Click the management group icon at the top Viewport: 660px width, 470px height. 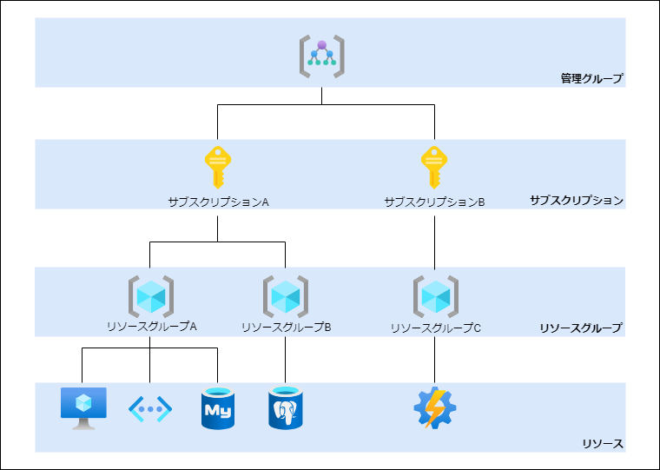click(322, 55)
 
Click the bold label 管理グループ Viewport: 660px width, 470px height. click(591, 79)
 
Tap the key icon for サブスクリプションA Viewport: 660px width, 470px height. click(217, 167)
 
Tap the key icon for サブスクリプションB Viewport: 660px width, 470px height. click(434, 167)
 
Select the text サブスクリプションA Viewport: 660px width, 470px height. click(218, 202)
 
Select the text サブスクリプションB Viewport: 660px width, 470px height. click(434, 202)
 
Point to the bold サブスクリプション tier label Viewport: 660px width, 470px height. click(577, 201)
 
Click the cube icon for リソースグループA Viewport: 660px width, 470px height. click(150, 296)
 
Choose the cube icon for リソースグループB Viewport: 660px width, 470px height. click(286, 296)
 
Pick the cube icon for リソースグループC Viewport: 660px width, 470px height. click(435, 296)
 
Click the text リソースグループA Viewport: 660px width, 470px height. click(151, 328)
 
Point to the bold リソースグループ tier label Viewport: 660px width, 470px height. click(580, 328)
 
